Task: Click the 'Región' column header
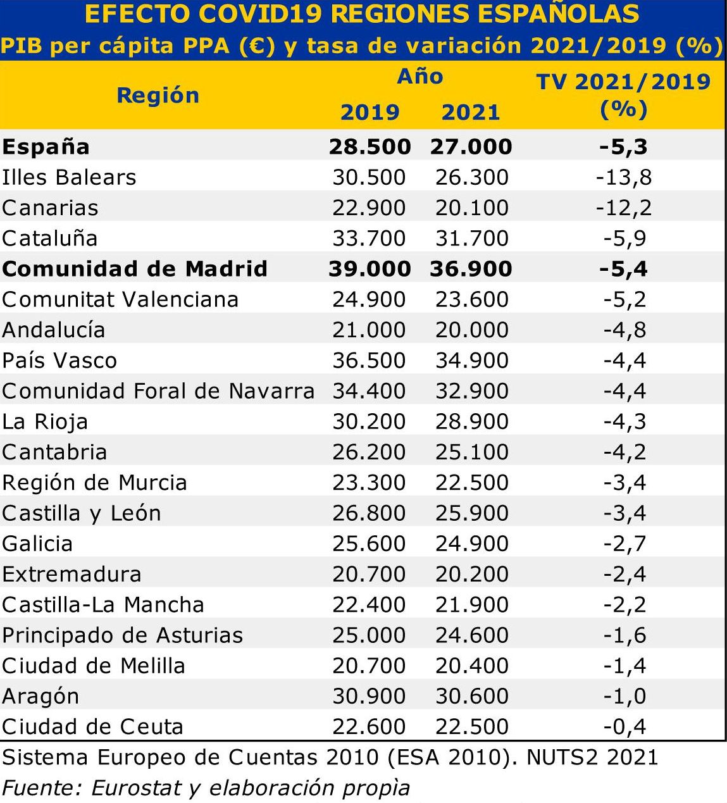coord(158,96)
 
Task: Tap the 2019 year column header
coord(370,113)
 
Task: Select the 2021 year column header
coord(471,113)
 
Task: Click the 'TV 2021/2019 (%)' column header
coord(623,95)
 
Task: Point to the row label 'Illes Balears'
coord(69,177)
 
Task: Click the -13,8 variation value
coord(623,177)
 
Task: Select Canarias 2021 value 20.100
coord(471,208)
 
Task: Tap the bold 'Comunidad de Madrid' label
coord(135,269)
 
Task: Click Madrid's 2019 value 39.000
coord(370,269)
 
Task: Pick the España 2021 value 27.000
coord(471,147)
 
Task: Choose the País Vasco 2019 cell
coord(369,361)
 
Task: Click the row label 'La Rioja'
coord(45,422)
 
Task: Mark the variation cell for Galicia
coord(624,544)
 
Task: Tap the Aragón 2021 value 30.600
coord(471,697)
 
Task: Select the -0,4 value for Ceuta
coord(624,727)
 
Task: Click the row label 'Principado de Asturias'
coord(122,635)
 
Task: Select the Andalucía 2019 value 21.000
coord(369,330)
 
